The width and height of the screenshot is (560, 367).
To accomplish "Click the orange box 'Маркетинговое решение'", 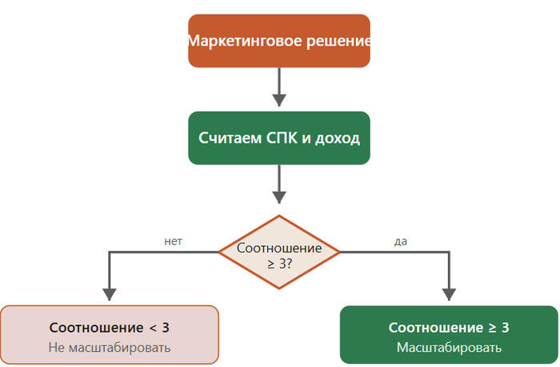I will click(278, 41).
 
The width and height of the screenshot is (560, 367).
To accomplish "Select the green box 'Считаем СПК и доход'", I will click(278, 138).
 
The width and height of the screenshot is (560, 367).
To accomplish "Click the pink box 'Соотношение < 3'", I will click(110, 335).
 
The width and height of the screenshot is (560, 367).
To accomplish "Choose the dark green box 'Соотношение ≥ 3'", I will click(449, 335).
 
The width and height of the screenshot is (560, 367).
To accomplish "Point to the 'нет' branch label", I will click(174, 240).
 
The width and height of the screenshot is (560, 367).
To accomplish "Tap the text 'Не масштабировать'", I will click(110, 348).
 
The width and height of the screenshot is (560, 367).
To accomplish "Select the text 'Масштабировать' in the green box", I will click(449, 348).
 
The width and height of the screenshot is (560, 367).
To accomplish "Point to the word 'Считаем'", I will click(229, 138).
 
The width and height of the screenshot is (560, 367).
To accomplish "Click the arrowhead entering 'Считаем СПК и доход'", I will click(278, 100).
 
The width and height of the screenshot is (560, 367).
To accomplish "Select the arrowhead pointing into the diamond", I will click(278, 196).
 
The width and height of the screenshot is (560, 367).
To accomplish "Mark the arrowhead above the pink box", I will click(109, 294).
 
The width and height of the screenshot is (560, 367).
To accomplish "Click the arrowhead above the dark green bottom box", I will click(449, 294).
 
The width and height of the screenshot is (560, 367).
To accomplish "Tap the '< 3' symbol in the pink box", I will click(159, 328).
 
